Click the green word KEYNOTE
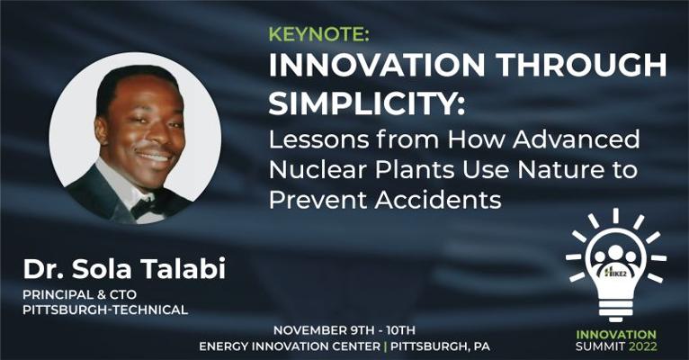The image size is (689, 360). click(318, 35)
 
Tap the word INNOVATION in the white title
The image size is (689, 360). click(377, 65)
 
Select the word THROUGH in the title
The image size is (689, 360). click(582, 65)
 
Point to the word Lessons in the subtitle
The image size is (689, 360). click(319, 139)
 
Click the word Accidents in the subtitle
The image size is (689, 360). click(438, 200)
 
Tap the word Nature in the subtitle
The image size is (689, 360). click(559, 170)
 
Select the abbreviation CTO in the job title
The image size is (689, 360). click(122, 294)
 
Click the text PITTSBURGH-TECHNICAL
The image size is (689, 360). click(105, 310)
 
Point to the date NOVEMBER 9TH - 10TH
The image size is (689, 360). click(344, 330)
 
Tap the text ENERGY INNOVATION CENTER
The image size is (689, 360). click(290, 346)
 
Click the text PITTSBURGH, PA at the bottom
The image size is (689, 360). click(440, 346)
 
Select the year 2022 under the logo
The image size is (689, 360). click(643, 346)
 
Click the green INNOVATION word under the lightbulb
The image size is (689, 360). click(616, 335)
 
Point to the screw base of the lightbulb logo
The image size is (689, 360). click(615, 310)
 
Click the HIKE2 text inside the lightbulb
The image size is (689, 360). click(615, 273)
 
